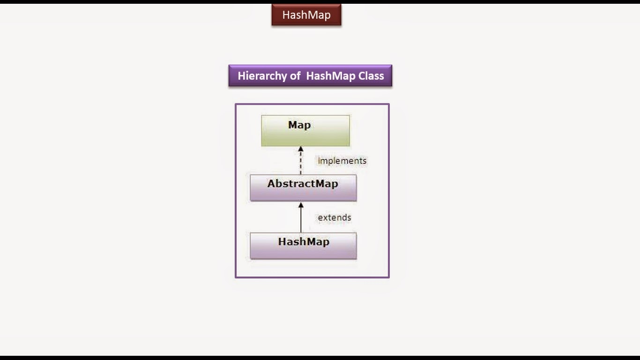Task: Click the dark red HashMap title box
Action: (x=306, y=15)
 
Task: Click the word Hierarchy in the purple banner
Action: (x=269, y=76)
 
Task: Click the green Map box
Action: (x=305, y=131)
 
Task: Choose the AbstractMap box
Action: (x=303, y=188)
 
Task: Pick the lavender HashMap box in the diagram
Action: (x=303, y=246)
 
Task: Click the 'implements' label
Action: (x=342, y=161)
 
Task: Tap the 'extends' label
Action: (x=334, y=217)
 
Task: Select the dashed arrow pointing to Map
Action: (x=301, y=160)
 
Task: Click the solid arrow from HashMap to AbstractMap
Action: (x=301, y=217)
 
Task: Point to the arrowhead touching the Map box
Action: (x=301, y=149)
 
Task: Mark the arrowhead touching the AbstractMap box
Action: (x=301, y=205)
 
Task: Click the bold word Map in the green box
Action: (x=299, y=125)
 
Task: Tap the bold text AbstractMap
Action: (x=303, y=184)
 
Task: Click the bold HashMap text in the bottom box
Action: (x=304, y=242)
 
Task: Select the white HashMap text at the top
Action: (x=306, y=15)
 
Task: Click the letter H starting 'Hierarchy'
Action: (x=241, y=76)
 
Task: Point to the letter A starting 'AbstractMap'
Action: (x=271, y=184)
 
